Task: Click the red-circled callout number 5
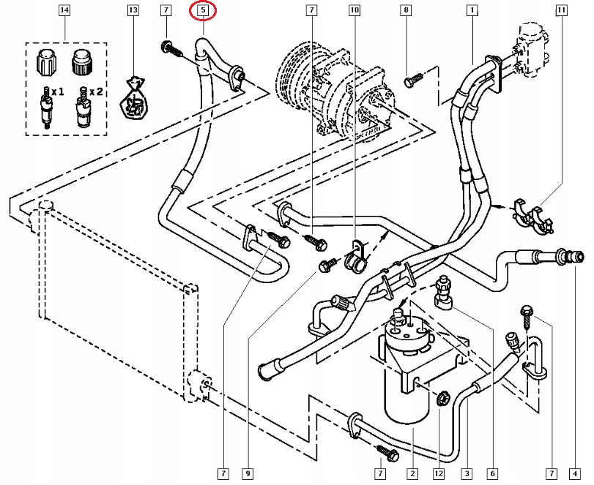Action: click(203, 11)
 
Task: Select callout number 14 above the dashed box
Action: click(64, 11)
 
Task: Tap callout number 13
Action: click(133, 11)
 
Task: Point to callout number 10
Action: click(354, 11)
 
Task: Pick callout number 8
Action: click(404, 11)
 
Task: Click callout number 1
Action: click(472, 11)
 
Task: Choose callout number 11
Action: click(561, 11)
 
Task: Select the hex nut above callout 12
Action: click(442, 399)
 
